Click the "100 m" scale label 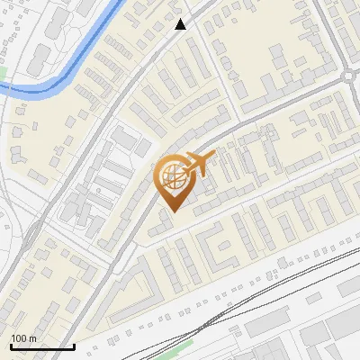tap(23, 337)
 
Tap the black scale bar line tap(42, 346)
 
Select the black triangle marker tap(181, 24)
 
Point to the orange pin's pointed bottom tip tap(171, 211)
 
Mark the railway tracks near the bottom tap(270, 288)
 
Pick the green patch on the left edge tap(3, 71)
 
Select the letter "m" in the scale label tap(32, 337)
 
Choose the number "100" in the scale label tap(19, 337)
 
